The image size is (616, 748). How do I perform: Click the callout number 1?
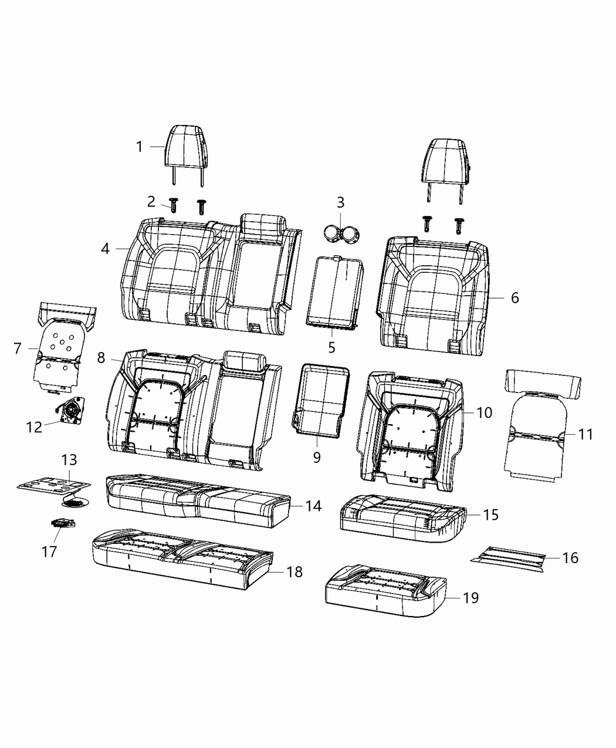click(139, 147)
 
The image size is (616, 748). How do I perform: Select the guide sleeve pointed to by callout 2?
click(174, 205)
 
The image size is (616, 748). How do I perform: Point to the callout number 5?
click(331, 347)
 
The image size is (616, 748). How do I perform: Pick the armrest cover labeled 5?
click(333, 290)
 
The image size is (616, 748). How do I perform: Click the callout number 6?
click(515, 297)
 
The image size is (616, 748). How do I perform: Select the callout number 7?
click(18, 348)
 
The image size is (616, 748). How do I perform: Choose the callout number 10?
click(484, 412)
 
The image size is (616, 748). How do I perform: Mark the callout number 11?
click(585, 434)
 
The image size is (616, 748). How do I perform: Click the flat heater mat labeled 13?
click(55, 484)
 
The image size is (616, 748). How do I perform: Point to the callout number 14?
click(313, 506)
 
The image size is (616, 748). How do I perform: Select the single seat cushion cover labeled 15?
click(400, 515)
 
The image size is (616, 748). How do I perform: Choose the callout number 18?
click(294, 572)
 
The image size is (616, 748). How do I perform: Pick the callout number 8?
click(101, 357)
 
